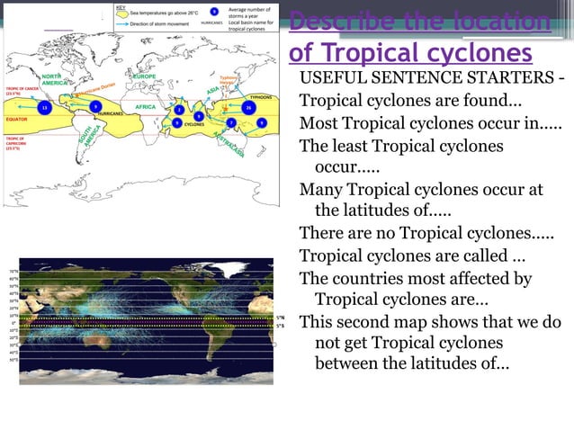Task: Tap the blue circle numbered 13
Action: [45, 107]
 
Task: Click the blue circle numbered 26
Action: [248, 107]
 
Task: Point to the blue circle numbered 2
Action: [180, 110]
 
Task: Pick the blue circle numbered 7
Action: [231, 122]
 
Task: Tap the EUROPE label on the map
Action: [143, 76]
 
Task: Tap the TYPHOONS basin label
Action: [260, 96]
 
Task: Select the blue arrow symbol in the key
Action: [121, 23]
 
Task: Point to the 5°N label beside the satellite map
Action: [281, 317]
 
